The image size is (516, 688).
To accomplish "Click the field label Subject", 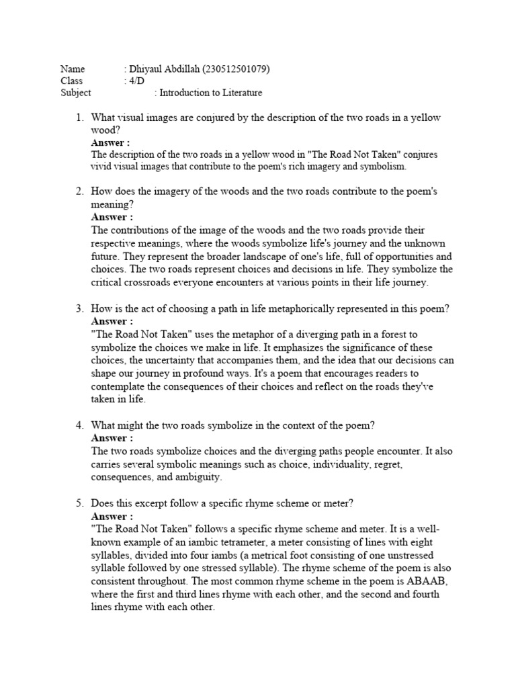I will pyautogui.click(x=75, y=93).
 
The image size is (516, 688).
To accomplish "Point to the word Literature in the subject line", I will pyautogui.click(x=240, y=93).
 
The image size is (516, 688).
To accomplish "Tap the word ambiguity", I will pyautogui.click(x=198, y=478).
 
